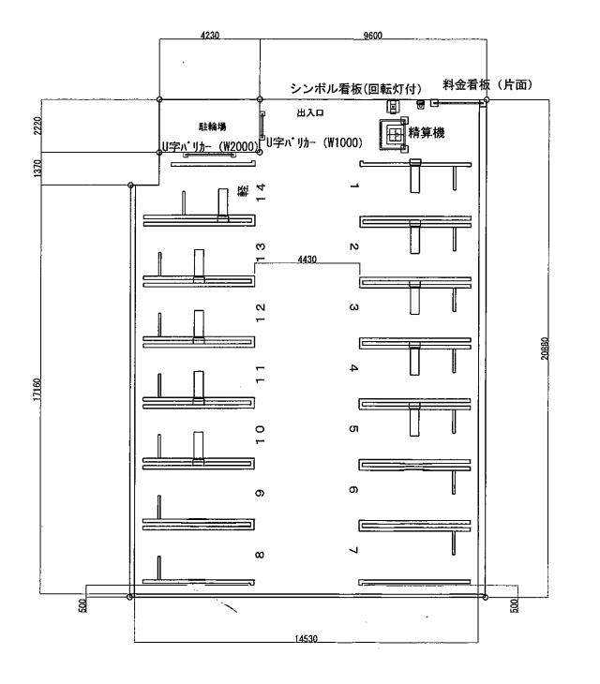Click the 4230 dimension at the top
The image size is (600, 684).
[x=209, y=35]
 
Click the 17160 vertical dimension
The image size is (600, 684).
[x=39, y=389]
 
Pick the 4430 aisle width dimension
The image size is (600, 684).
[x=306, y=259]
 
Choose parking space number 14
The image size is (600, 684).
[x=262, y=193]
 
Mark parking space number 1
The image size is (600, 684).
[x=353, y=186]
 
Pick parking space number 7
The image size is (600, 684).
[x=353, y=548]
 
